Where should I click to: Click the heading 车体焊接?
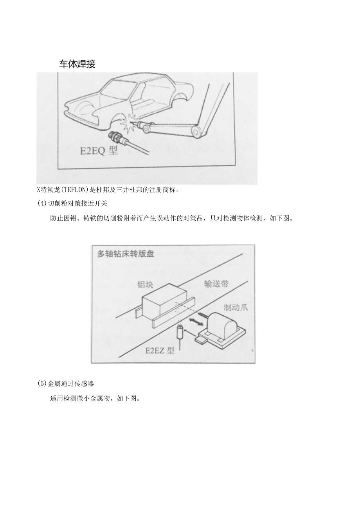77,65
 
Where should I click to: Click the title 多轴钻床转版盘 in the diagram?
126,254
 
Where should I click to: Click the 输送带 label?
216,284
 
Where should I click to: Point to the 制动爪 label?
236,308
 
